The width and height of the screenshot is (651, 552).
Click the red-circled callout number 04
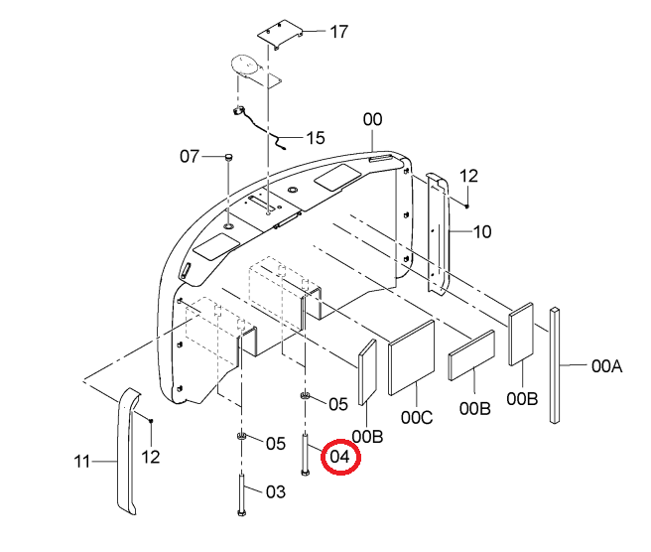coord(339,457)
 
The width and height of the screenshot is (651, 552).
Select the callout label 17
coord(338,32)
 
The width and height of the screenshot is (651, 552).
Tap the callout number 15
coord(316,138)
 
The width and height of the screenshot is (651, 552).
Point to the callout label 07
coord(190,157)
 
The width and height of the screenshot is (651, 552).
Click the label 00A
coord(606,366)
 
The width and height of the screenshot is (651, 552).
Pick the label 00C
coord(417,417)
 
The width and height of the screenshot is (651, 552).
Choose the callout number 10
coord(482,231)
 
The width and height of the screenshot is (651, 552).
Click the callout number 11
coord(81,462)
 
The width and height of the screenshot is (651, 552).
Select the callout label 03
coord(276,492)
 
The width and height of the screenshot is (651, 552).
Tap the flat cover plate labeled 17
coord(280,35)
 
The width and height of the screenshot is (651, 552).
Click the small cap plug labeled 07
coord(228,157)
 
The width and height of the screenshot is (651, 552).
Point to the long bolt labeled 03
coord(241,495)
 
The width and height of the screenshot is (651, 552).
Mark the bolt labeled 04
coord(306,455)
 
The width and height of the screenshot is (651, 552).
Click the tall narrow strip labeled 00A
coord(555,365)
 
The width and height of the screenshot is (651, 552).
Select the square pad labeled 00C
coord(412,357)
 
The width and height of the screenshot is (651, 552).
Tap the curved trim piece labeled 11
coord(127,452)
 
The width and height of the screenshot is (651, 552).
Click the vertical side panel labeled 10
coord(438,234)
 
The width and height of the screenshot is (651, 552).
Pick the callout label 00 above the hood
coord(372,119)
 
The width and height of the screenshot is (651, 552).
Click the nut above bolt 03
coord(241,436)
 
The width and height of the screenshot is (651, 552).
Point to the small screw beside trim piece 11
coord(151,421)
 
